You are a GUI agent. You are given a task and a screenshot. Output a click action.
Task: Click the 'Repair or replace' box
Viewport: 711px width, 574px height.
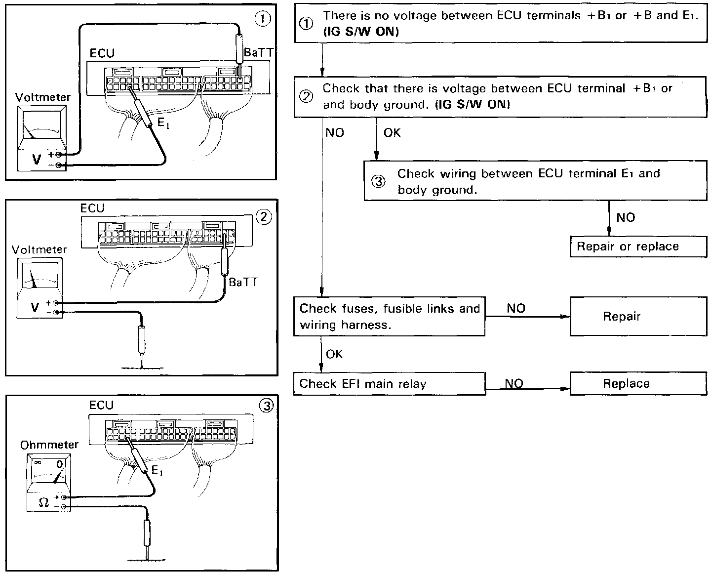coord(638,246)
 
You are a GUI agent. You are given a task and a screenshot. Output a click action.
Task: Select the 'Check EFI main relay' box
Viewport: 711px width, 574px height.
coord(389,384)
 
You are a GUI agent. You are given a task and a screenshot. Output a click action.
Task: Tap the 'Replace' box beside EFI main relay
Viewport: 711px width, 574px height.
coord(638,384)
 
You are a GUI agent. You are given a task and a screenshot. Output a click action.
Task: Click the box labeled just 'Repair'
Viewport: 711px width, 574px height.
coord(638,316)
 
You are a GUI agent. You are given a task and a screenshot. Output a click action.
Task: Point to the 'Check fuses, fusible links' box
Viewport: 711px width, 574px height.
coord(389,316)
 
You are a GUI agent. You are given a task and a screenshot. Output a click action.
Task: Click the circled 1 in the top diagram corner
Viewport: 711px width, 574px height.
coord(262,19)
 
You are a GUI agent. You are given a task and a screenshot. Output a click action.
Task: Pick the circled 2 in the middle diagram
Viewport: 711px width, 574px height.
coord(265,216)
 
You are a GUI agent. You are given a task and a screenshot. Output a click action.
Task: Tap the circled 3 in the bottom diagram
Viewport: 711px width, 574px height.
coord(266,406)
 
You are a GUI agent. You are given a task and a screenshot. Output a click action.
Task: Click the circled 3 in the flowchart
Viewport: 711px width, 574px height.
coord(378,182)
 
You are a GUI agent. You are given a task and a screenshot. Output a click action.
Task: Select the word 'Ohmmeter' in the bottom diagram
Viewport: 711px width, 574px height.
coord(49,445)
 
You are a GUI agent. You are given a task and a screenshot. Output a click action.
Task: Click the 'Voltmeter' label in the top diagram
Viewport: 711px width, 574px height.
coord(43,97)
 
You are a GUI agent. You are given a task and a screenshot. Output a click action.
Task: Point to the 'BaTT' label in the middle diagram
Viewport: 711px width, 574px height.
coord(243,282)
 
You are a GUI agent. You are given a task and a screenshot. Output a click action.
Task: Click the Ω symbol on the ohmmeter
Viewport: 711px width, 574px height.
coord(43,502)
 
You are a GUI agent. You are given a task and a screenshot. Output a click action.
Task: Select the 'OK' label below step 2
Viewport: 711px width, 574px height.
coord(392,133)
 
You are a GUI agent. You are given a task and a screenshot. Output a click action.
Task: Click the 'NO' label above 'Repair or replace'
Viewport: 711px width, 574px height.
coord(626,217)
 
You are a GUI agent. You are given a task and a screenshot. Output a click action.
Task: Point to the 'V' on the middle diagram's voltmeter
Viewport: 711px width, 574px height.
coord(35,307)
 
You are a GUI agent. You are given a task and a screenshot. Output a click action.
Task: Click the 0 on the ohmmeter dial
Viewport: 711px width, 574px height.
coord(59,464)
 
